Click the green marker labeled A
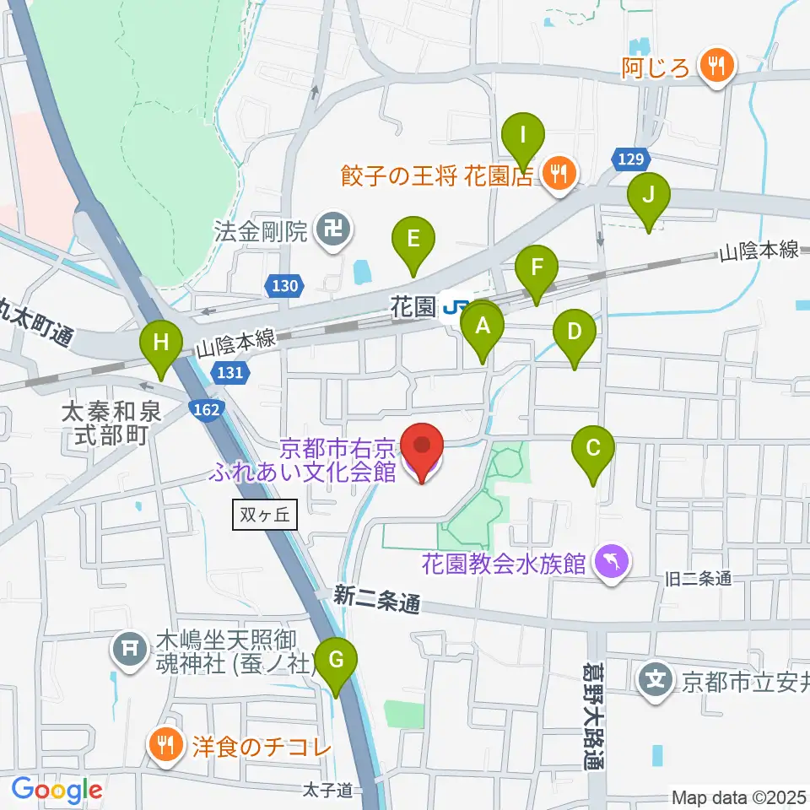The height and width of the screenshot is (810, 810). coord(483,327)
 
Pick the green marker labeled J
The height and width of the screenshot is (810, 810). coord(648,196)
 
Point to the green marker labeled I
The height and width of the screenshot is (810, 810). coord(523,137)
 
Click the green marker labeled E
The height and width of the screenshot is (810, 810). coord(413,240)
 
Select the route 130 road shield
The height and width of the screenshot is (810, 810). coord(284,287)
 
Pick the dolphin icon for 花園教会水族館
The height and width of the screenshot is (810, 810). coord(613,563)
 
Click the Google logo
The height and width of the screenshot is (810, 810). coord(57,789)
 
